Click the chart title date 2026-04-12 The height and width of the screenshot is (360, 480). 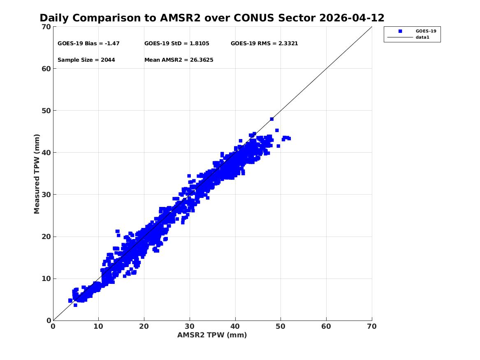coord(352,18)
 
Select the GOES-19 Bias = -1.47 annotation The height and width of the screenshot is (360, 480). coord(88,44)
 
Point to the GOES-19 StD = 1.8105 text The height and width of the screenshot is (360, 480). coord(176,44)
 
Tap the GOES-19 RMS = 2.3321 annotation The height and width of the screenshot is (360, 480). coord(264,44)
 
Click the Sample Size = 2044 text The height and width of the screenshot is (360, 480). coord(86,60)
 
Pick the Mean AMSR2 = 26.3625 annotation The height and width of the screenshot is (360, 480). coord(179,60)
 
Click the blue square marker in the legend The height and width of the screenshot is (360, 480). coord(400,31)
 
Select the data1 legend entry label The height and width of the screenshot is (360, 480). coord(422,37)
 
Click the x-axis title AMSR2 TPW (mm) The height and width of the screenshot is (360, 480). coord(212,335)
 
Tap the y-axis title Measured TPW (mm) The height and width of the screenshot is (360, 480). coord(37,174)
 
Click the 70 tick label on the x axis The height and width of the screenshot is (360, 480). coord(372,326)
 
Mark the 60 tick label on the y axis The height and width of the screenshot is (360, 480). coord(46,69)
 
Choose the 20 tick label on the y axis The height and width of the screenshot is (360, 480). coord(46,237)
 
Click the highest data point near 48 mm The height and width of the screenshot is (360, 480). coord(271,119)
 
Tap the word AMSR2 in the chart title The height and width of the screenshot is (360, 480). coord(180,18)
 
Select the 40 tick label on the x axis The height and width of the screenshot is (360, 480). coord(235,326)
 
